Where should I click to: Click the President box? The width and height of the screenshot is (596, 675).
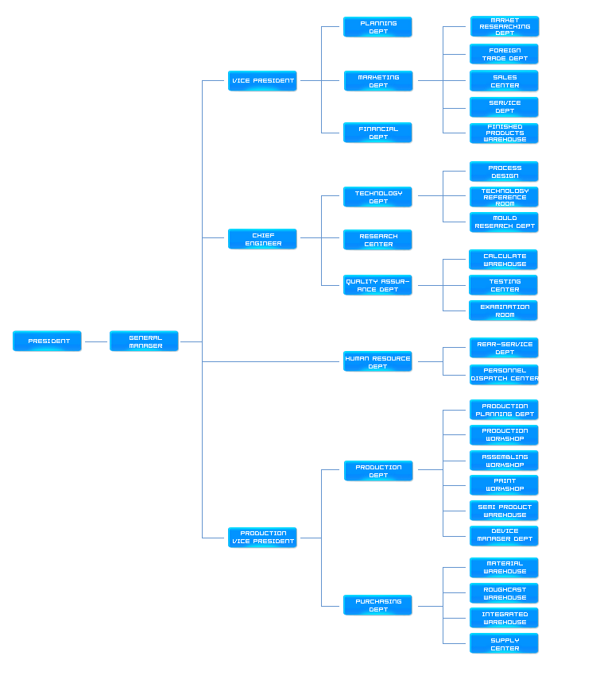(x=47, y=341)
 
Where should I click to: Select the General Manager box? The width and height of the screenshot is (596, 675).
(x=144, y=341)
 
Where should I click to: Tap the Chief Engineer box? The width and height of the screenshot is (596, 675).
(x=262, y=239)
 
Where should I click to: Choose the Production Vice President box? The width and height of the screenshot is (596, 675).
(x=262, y=538)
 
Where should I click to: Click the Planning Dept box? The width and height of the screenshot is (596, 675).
(x=377, y=27)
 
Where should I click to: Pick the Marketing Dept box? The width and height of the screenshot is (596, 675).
(x=377, y=81)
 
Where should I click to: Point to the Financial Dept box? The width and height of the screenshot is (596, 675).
(x=377, y=133)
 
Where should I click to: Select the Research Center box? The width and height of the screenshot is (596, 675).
(x=377, y=240)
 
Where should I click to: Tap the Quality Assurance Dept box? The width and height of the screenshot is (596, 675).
(x=377, y=285)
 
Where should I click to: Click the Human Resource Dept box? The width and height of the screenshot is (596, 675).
(x=377, y=362)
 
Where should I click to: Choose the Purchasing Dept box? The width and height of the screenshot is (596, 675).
(x=377, y=605)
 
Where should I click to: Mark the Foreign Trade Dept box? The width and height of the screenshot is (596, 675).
(x=504, y=54)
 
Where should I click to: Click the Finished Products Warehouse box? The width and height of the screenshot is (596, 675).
(x=504, y=133)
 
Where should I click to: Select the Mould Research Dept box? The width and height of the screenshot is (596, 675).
(x=504, y=222)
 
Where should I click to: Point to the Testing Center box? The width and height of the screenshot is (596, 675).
(x=504, y=285)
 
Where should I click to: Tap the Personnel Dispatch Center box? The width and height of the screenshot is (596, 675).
(x=504, y=374)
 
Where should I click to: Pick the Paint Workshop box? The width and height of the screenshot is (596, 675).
(x=504, y=484)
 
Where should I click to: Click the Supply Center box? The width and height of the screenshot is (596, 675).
(x=504, y=643)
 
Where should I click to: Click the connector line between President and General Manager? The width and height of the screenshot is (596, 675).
(x=95, y=342)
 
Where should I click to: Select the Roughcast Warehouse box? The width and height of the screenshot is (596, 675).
(x=504, y=593)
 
